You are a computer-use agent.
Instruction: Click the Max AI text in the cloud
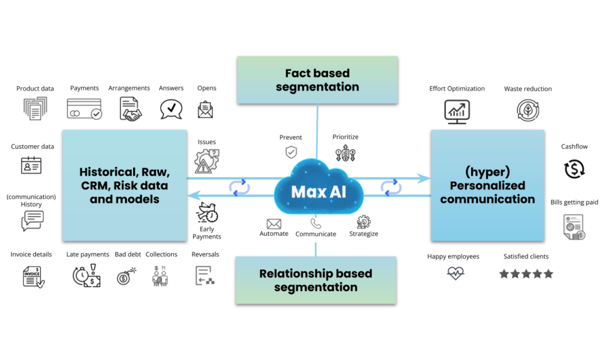click(x=318, y=192)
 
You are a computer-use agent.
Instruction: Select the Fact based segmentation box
click(x=317, y=80)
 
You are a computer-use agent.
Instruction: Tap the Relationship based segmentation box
click(x=316, y=280)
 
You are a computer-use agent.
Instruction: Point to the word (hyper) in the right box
click(x=487, y=172)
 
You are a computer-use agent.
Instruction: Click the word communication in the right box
click(x=487, y=199)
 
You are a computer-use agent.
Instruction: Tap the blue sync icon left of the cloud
click(x=239, y=187)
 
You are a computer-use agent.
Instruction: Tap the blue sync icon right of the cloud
click(x=391, y=187)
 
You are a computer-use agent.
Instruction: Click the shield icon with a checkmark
click(x=291, y=152)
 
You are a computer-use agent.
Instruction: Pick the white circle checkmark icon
click(x=96, y=113)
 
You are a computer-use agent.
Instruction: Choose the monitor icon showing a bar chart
click(x=457, y=112)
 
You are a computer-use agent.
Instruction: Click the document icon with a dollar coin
click(x=574, y=227)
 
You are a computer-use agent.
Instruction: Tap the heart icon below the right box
click(x=456, y=274)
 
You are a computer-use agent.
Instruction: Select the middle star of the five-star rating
click(x=526, y=274)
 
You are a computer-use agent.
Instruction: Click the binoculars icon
click(x=160, y=275)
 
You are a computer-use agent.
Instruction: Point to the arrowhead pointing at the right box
click(x=425, y=178)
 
